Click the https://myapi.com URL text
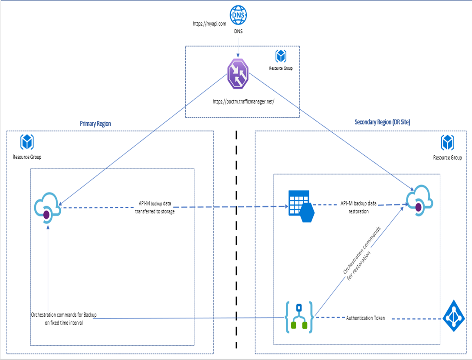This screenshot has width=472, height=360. pyautogui.click(x=210, y=24)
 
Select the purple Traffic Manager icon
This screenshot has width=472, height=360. pyautogui.click(x=238, y=73)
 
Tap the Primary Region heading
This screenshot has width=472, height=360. pyautogui.click(x=95, y=124)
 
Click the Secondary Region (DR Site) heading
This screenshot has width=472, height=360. pyautogui.click(x=382, y=122)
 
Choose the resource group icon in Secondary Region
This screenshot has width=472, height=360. pyautogui.click(x=447, y=143)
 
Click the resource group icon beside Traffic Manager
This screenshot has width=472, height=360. pyautogui.click(x=281, y=56)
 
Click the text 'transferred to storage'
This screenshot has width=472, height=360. pyautogui.click(x=154, y=212)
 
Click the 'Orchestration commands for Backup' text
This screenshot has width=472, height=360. pyautogui.click(x=64, y=314)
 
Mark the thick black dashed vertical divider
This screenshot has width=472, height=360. pyautogui.click(x=236, y=239)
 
